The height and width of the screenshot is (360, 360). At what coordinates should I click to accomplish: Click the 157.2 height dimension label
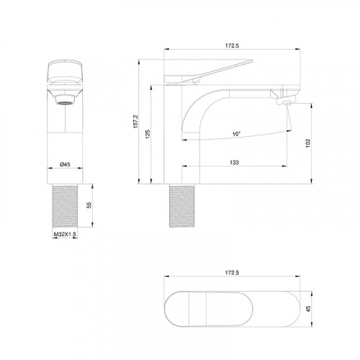[x=135, y=121]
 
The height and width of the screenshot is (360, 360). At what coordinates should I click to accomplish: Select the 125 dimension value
[x=148, y=134]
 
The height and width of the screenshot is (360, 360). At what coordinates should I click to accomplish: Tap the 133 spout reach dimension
[x=234, y=163]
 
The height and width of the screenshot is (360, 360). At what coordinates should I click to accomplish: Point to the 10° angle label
[x=236, y=134]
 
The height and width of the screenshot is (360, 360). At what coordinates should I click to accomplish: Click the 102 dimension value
[x=308, y=143]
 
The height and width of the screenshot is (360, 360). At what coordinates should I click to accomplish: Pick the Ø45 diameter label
[x=65, y=164]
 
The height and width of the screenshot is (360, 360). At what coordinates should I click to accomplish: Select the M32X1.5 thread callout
[x=65, y=234]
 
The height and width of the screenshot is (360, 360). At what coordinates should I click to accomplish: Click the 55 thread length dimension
[x=89, y=205]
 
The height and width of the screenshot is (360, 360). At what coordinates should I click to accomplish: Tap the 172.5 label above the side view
[x=232, y=45]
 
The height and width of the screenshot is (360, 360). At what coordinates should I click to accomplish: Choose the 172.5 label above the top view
[x=232, y=273]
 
